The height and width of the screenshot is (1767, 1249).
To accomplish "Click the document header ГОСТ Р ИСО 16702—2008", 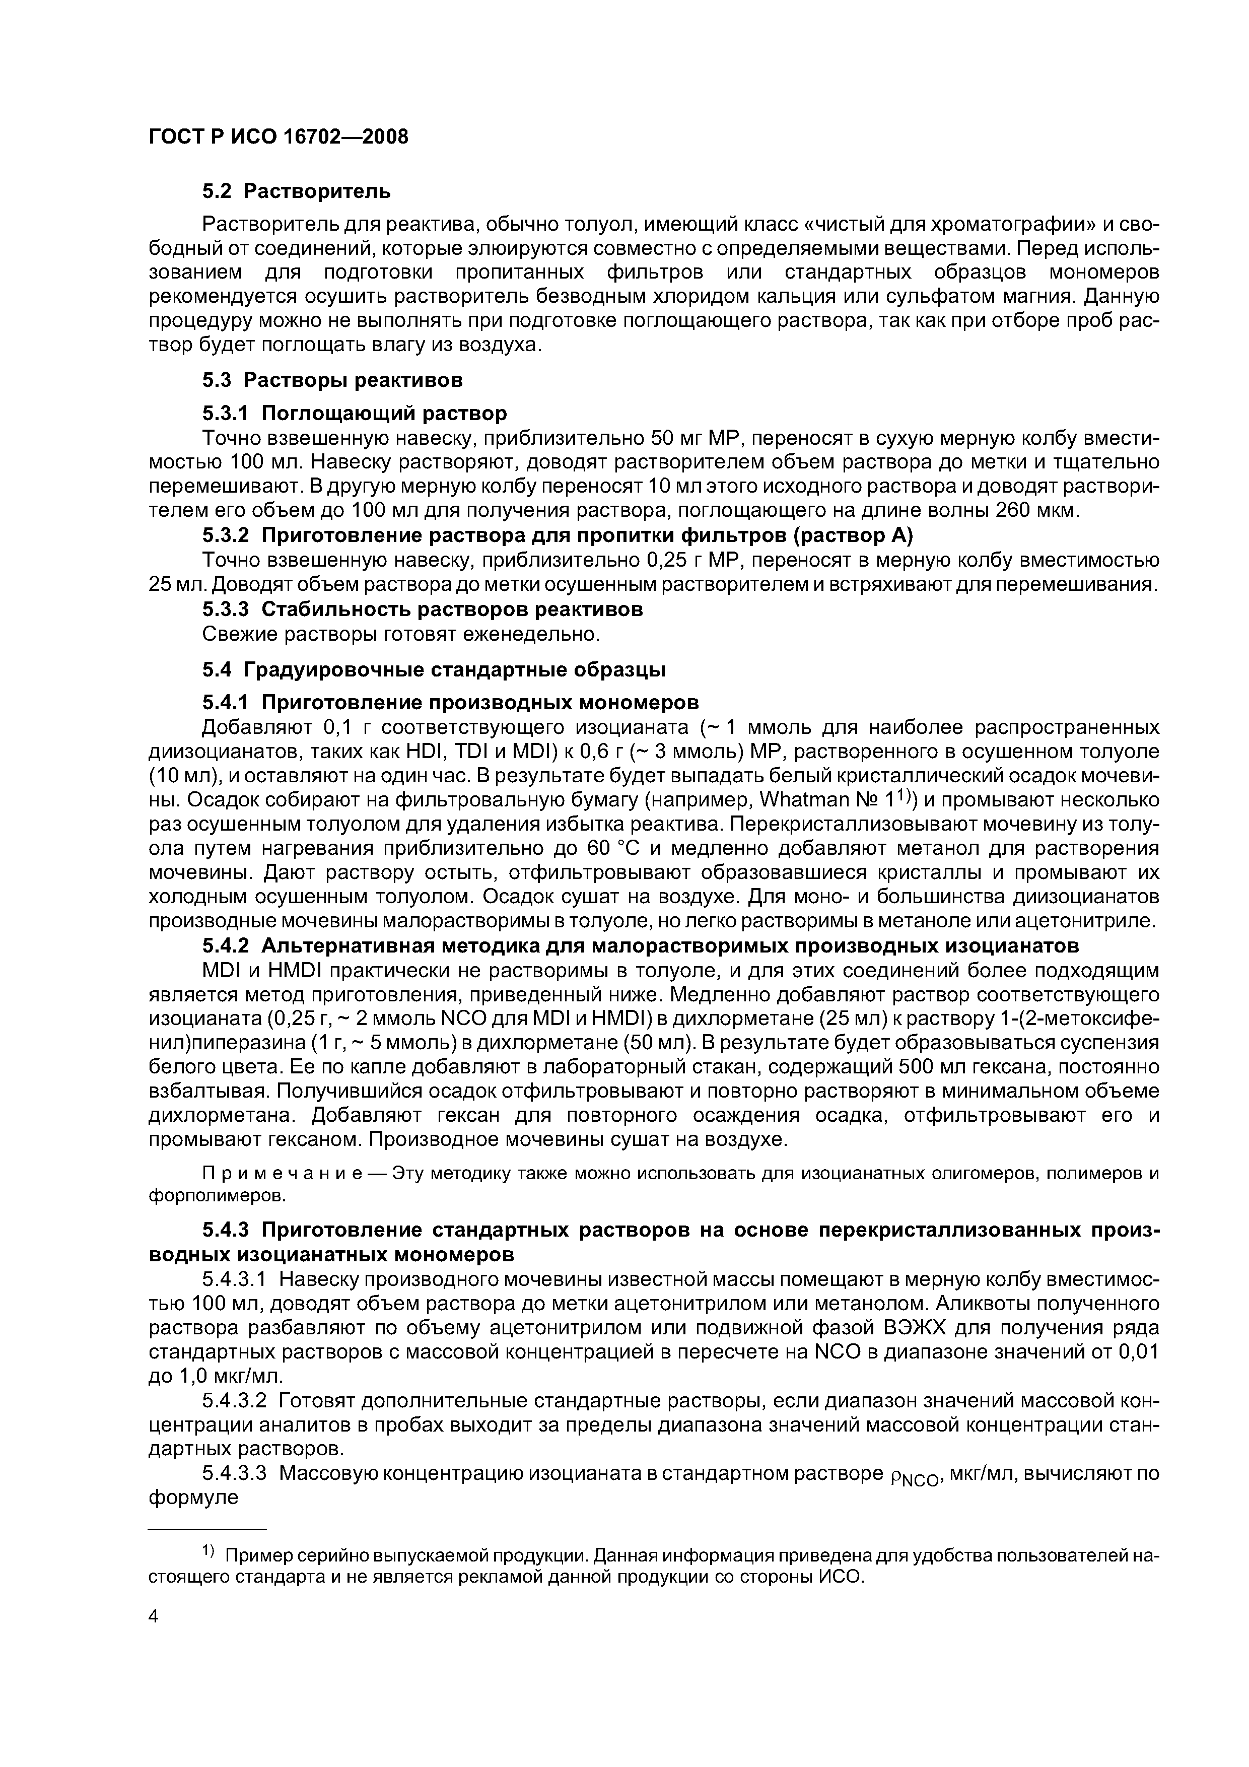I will (x=278, y=137).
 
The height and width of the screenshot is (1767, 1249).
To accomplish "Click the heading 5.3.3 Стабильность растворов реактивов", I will (x=423, y=609).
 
